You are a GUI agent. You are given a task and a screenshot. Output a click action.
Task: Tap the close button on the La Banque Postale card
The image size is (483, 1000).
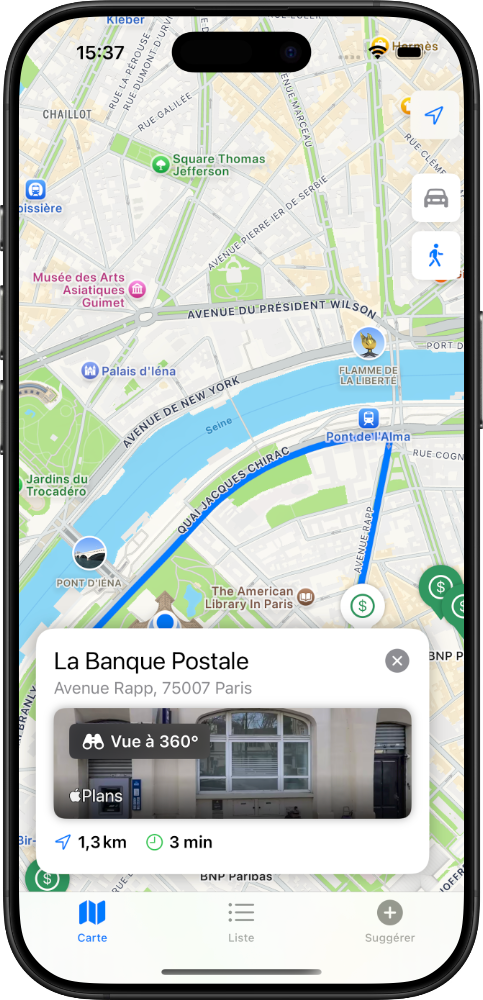point(397,660)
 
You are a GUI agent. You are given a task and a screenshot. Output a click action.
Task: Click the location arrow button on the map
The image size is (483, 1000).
point(434,115)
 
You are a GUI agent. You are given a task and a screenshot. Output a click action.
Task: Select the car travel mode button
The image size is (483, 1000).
point(435,198)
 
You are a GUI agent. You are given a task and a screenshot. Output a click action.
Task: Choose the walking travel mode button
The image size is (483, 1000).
point(435,256)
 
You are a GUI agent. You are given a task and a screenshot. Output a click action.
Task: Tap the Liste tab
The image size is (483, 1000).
point(241,921)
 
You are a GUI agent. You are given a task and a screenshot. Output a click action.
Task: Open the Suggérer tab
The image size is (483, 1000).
point(389,921)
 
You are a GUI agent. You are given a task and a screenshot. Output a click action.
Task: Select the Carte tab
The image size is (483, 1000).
point(92,921)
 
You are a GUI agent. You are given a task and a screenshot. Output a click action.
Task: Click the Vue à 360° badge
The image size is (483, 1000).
point(140,742)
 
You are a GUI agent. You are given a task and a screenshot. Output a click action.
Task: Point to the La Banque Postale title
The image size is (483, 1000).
point(151,661)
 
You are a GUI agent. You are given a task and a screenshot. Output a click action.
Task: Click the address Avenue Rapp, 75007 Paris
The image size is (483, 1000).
point(153,688)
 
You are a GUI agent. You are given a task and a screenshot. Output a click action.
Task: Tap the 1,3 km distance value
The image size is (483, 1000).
point(91,842)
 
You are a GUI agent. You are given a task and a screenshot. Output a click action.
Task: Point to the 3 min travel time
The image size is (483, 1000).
point(179,842)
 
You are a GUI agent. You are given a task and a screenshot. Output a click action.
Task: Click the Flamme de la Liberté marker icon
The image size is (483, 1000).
point(370,342)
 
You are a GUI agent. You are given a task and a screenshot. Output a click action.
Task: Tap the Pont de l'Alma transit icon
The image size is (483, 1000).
point(369,418)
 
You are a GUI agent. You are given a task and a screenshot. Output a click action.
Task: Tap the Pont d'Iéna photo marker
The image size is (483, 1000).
point(89,553)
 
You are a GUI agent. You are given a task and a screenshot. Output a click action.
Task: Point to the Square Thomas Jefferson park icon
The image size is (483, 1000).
point(159,164)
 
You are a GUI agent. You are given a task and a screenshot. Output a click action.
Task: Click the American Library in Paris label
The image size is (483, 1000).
point(251,597)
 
